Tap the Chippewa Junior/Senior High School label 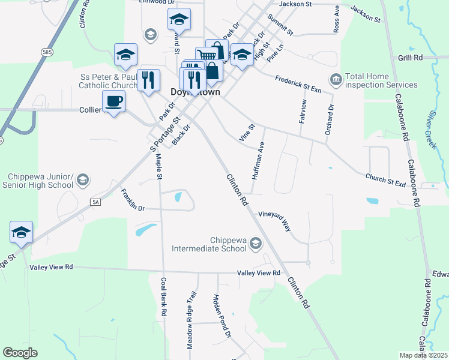pyautogui.click(x=40, y=181)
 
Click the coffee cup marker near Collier pyautogui.click(x=113, y=101)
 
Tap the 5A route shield pyautogui.click(x=95, y=202)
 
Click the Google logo pyautogui.click(x=20, y=353)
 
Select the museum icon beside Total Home pyautogui.click(x=335, y=79)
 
